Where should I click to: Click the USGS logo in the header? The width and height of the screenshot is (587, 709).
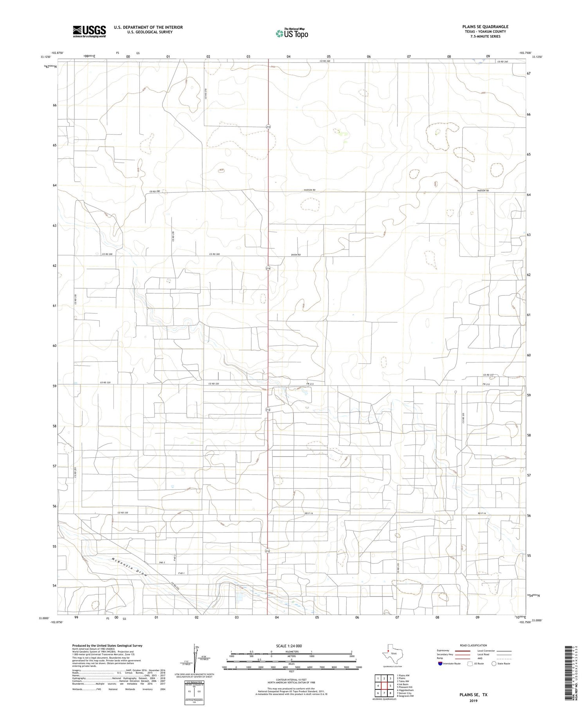coord(89,31)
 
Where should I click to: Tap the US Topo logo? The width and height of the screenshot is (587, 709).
coord(292,34)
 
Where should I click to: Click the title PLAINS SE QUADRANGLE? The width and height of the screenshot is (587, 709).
coord(485,27)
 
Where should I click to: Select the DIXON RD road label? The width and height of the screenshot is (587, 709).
coord(296,255)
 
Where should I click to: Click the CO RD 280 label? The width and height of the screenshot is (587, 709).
coord(155,191)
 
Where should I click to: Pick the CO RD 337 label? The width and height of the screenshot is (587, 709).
coord(488,375)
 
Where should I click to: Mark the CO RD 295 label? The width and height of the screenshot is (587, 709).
coord(173,236)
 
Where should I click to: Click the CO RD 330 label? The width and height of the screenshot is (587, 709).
coord(122,512)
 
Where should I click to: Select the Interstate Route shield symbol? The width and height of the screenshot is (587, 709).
coord(441,664)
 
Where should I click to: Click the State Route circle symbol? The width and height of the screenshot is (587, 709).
coord(494,664)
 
